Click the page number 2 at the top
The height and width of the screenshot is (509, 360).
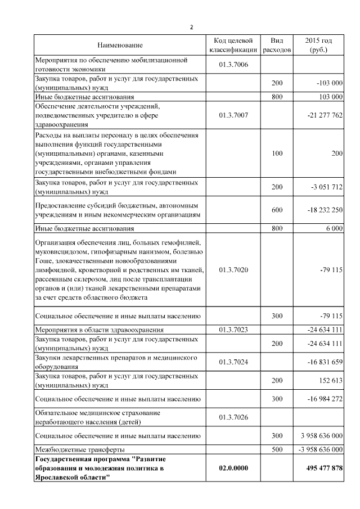pyautogui.click(x=191, y=26)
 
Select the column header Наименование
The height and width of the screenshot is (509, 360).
pyautogui.click(x=120, y=45)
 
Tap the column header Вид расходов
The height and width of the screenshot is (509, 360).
pyautogui.click(x=277, y=45)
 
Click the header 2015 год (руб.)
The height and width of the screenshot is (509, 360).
pyautogui.click(x=318, y=45)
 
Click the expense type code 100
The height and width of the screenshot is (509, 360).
pyautogui.click(x=277, y=152)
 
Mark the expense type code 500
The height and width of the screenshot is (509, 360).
pyautogui.click(x=277, y=449)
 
